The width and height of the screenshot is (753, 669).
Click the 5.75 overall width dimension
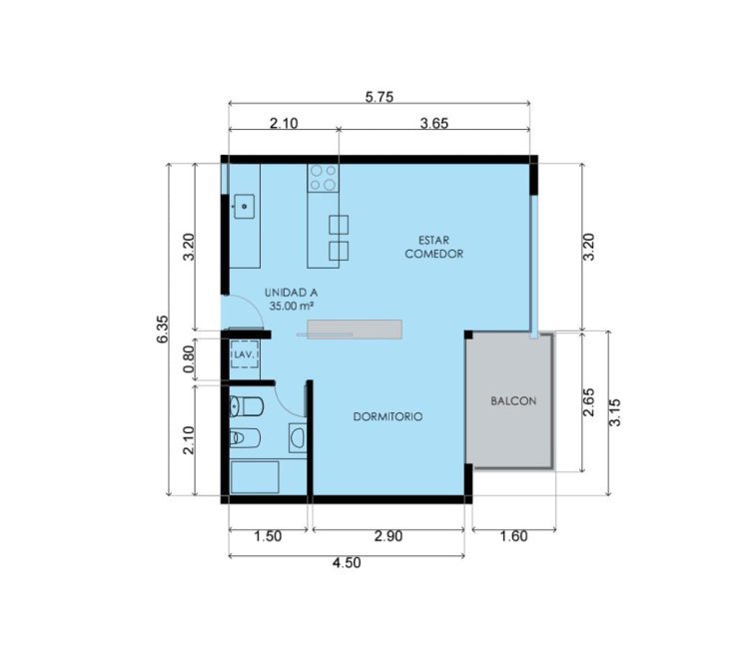click(378, 97)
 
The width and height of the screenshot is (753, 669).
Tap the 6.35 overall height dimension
click(163, 329)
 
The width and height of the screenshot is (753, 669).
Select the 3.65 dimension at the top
click(434, 124)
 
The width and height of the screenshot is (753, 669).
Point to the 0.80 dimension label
click(189, 359)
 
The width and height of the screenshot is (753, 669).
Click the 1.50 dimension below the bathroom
click(268, 536)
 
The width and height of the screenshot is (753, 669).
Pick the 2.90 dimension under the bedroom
click(388, 536)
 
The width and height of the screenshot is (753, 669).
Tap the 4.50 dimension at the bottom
click(347, 562)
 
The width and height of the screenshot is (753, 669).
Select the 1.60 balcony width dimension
click(514, 536)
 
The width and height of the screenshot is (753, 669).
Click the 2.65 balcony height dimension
click(588, 402)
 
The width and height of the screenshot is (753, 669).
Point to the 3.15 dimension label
click(615, 412)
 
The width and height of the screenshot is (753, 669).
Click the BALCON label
click(513, 401)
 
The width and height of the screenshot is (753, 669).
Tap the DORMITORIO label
click(388, 416)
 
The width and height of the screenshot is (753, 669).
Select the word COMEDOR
click(433, 254)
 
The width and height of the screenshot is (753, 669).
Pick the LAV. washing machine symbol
click(245, 354)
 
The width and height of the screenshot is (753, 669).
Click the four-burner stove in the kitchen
click(324, 178)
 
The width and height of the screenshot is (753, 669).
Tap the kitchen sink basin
click(244, 207)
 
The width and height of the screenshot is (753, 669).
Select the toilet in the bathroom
click(247, 406)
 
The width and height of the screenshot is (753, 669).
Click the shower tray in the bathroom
click(255, 477)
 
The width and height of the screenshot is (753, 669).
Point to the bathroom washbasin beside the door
click(298, 437)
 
